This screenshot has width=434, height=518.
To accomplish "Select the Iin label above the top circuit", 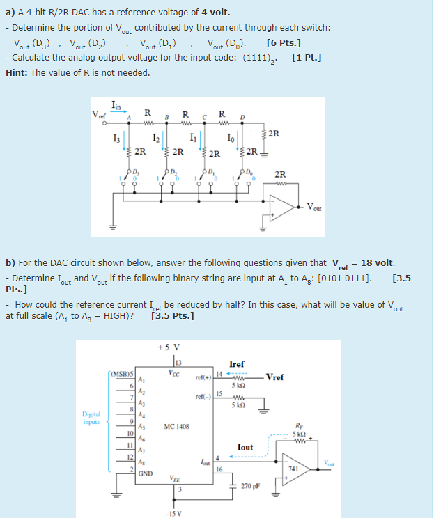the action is click(117, 105).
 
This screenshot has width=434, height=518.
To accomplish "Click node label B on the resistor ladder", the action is click(166, 117).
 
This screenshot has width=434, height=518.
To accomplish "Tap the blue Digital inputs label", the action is click(92, 418).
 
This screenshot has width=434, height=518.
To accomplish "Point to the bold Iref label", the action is click(236, 363).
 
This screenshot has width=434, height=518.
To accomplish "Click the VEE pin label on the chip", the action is click(178, 478).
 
